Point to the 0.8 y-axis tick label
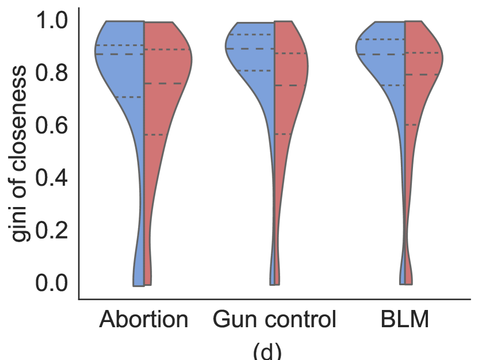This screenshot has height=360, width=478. [52, 74]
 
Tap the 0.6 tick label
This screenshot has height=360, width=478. [52, 126]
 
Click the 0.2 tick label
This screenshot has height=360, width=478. [52, 231]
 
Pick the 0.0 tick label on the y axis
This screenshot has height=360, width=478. [52, 283]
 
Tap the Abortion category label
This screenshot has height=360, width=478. [143, 320]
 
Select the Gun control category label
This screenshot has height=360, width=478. [274, 320]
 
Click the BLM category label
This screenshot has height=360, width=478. [405, 320]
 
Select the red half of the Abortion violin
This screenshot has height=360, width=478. [164, 69]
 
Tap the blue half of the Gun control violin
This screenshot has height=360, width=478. [253, 63]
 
